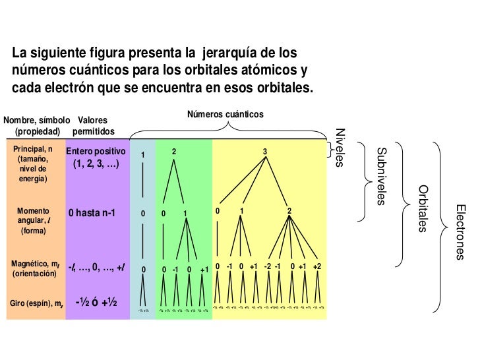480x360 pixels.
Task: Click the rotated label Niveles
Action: point(340,147)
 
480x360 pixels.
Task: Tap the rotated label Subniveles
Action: point(380,176)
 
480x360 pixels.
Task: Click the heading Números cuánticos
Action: point(225,115)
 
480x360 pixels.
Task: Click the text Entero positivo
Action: point(96,152)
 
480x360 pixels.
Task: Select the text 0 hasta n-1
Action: point(96,213)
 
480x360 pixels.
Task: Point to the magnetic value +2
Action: point(317,266)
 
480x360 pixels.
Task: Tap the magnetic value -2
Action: point(267,266)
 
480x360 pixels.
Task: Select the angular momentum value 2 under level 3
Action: point(289,212)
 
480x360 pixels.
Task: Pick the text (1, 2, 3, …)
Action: point(96,164)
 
